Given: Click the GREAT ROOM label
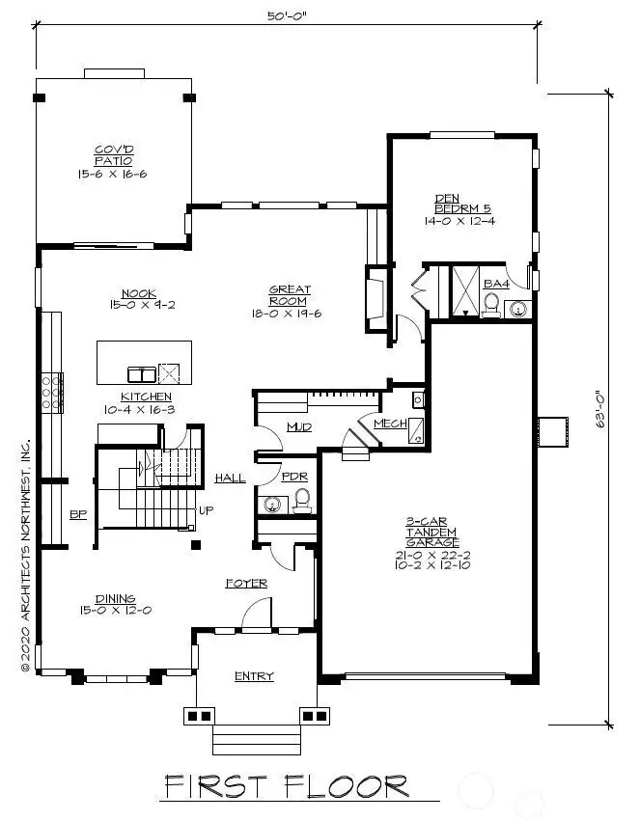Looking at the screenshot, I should click(289, 294).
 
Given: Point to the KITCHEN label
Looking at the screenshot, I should click(146, 397).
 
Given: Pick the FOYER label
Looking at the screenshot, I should click(246, 584).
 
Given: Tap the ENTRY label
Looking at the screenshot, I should click(254, 676).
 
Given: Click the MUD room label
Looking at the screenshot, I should click(298, 427).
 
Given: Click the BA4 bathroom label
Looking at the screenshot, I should click(495, 284).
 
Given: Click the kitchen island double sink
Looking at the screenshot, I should click(140, 373).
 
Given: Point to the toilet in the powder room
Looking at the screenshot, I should click(301, 500).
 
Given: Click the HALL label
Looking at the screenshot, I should click(230, 478).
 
